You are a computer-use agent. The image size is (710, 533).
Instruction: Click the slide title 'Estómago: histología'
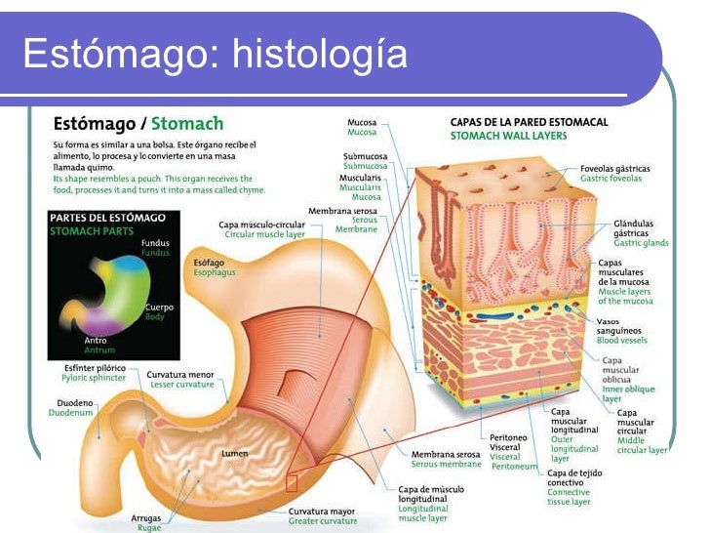(215, 56)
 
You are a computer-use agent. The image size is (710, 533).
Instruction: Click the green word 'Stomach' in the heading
(187, 124)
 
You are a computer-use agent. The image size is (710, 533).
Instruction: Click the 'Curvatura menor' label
(179, 374)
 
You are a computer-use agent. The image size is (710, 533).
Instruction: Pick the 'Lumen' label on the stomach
(234, 453)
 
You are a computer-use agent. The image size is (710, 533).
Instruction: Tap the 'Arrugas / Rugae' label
(146, 522)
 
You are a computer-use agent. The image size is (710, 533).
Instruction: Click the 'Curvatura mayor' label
(321, 511)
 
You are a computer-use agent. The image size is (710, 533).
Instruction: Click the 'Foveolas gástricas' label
(614, 169)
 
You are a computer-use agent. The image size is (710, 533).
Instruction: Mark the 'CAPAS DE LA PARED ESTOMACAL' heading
(529, 122)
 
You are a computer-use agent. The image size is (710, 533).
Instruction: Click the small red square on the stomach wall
(292, 482)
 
